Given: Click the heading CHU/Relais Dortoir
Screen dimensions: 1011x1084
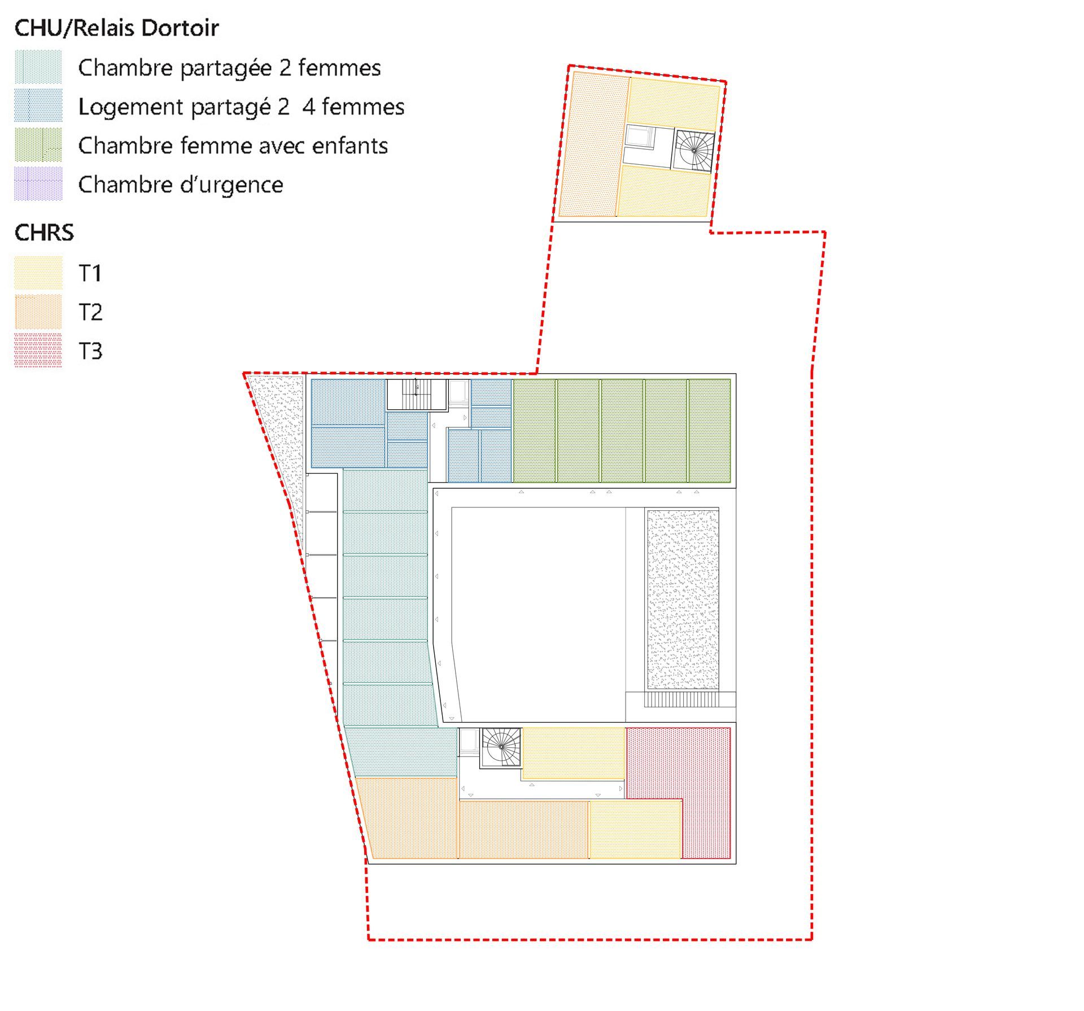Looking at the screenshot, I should point(116,28).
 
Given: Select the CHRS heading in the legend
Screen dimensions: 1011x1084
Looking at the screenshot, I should point(44,232).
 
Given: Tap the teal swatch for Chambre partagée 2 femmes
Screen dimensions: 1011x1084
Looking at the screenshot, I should point(38,67).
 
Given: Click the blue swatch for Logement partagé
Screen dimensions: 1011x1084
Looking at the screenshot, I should point(38,106).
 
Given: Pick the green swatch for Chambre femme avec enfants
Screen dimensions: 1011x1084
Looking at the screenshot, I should point(38,145).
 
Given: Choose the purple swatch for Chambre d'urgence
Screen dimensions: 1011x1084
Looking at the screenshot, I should point(38,183).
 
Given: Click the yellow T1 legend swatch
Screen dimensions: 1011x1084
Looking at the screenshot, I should point(38,273).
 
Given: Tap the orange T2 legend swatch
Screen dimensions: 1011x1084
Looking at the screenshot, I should point(38,312).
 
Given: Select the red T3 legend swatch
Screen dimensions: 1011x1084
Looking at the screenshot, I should point(38,351).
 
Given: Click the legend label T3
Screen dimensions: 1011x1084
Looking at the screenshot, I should point(90,351).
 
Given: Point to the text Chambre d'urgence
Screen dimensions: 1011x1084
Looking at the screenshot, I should point(181,185).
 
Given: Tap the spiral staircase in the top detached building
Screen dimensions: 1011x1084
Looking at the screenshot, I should point(694,150).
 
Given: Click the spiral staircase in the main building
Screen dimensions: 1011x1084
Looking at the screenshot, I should point(501,747).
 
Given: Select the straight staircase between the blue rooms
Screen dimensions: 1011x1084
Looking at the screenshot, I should point(417,394).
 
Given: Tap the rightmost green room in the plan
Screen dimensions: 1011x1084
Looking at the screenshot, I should point(709,431).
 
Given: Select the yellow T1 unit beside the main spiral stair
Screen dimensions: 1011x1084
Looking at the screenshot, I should point(574,753).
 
